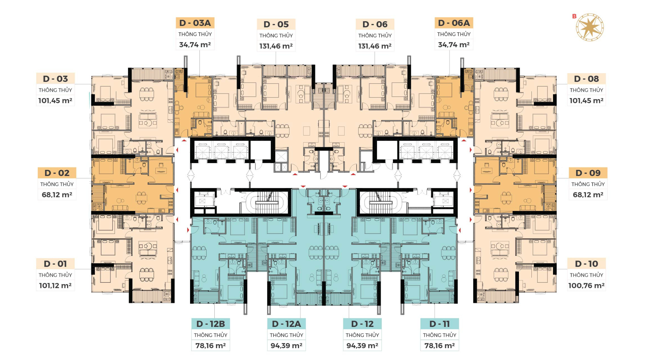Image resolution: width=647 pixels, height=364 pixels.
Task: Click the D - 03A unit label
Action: pyautogui.click(x=195, y=23)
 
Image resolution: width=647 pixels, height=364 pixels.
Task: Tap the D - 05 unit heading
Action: pyautogui.click(x=276, y=24)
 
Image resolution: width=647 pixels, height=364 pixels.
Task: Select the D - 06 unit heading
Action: pyautogui.click(x=375, y=24)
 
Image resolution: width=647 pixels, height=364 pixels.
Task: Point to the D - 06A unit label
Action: pyautogui.click(x=454, y=23)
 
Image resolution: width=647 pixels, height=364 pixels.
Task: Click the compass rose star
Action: pyautogui.click(x=590, y=27)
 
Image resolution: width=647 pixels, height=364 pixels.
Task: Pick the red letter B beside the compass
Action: pyautogui.click(x=574, y=16)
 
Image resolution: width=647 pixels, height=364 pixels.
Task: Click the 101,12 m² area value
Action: pyautogui.click(x=55, y=285)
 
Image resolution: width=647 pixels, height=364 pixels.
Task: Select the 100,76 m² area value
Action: pyautogui.click(x=586, y=285)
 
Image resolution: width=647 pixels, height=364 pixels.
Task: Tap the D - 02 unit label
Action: pyautogui.click(x=57, y=173)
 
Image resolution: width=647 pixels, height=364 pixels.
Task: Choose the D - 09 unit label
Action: pyautogui.click(x=588, y=173)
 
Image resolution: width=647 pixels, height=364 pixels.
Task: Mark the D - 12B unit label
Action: pyautogui.click(x=211, y=324)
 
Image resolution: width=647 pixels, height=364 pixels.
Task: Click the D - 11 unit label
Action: pyautogui.click(x=439, y=324)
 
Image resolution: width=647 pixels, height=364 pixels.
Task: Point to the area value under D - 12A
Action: pyautogui.click(x=286, y=345)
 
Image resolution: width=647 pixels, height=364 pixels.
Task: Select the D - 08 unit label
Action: pyautogui.click(x=586, y=79)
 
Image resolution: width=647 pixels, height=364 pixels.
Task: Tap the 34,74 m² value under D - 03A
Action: pyautogui.click(x=195, y=44)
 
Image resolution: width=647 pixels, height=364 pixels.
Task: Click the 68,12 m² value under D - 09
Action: pyautogui.click(x=588, y=194)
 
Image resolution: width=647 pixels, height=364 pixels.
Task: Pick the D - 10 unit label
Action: pyautogui.click(x=586, y=264)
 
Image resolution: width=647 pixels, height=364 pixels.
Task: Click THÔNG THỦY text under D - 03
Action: pyautogui.click(x=55, y=90)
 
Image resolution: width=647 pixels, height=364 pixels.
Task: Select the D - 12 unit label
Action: pyautogui.click(x=362, y=324)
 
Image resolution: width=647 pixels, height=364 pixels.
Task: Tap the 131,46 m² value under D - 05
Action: pyautogui.click(x=276, y=46)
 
